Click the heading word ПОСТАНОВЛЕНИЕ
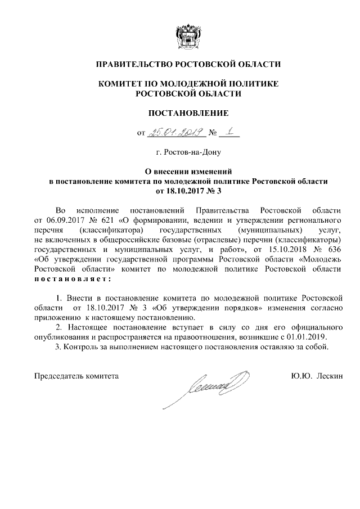pos(188,113)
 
